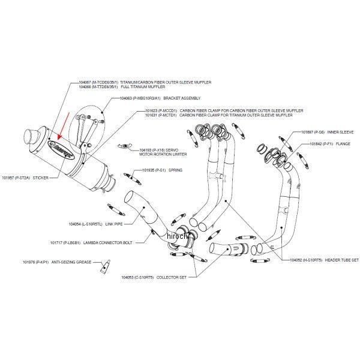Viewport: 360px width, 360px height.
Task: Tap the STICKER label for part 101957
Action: [41, 178]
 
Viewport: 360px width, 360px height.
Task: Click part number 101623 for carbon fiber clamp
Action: [152, 111]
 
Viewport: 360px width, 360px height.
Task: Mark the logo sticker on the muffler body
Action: [65, 153]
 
